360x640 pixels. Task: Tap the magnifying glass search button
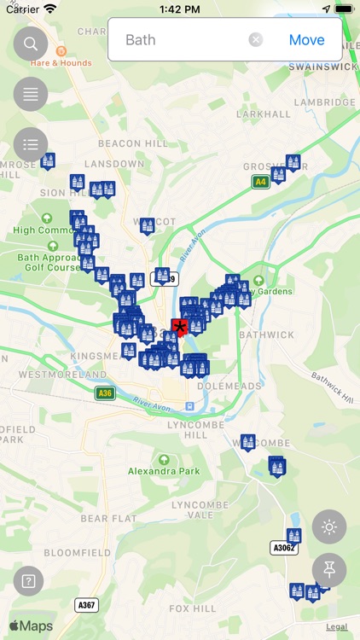(x=31, y=44)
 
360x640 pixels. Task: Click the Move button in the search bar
(x=306, y=40)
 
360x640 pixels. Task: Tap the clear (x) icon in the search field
(x=256, y=40)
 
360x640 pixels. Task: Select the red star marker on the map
(x=179, y=329)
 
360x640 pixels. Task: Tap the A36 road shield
(x=105, y=393)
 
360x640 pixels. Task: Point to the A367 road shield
(x=86, y=604)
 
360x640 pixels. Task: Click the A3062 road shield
(x=283, y=547)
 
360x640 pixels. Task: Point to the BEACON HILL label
(x=133, y=144)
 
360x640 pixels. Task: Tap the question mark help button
(x=28, y=581)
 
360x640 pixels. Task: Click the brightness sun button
(x=329, y=527)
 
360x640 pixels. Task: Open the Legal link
(x=336, y=627)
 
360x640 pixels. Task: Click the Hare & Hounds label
(x=61, y=62)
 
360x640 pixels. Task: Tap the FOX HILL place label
(x=192, y=608)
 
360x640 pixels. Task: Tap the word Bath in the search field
(x=141, y=40)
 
